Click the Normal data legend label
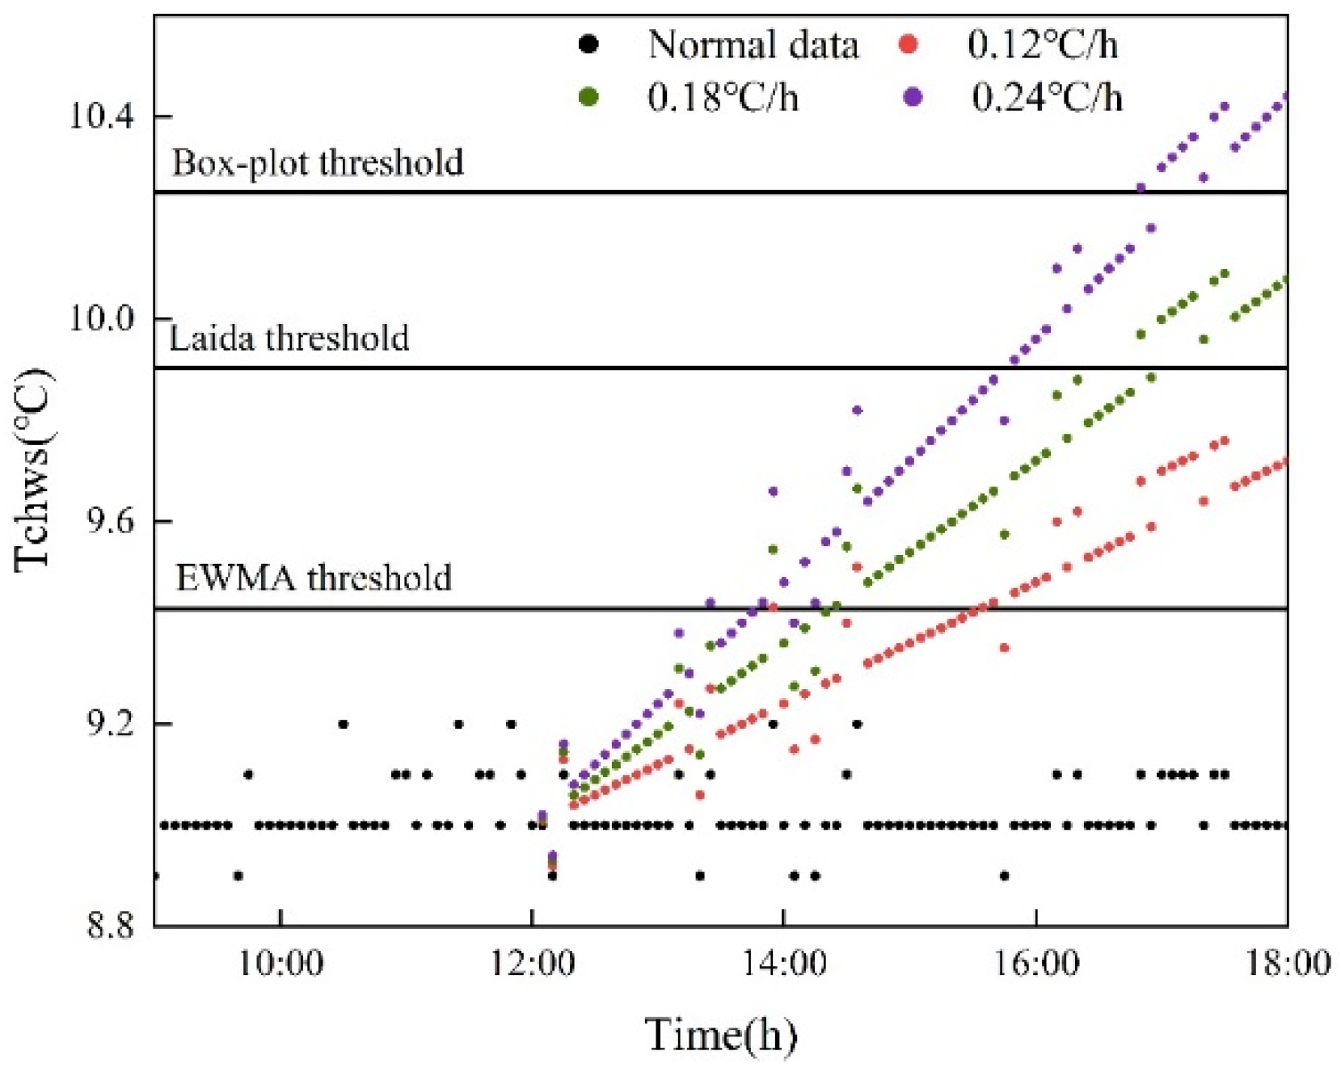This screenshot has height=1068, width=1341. point(752,44)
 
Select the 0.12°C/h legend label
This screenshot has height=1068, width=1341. point(1042,44)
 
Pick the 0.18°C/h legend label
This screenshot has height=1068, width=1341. point(723,98)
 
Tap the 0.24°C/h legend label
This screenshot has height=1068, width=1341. point(1046,98)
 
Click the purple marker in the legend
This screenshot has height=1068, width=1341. point(913,98)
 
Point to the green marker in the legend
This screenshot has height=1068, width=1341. point(589,98)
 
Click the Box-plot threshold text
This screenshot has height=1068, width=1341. point(318,162)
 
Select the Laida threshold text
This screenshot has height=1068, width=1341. point(289,337)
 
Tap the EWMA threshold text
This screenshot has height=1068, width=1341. point(314,578)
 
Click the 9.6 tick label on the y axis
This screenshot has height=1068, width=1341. point(108,522)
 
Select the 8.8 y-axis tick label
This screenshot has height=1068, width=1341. point(108,926)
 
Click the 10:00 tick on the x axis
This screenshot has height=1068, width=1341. point(280,963)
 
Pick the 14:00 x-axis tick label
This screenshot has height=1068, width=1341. point(783,963)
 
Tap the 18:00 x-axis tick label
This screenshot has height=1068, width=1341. point(1287,963)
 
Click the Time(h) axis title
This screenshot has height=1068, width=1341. point(720,1034)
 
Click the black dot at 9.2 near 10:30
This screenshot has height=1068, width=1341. point(343,724)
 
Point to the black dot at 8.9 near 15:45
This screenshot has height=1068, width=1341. point(1004,876)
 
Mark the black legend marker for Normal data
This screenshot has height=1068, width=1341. point(589,44)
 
